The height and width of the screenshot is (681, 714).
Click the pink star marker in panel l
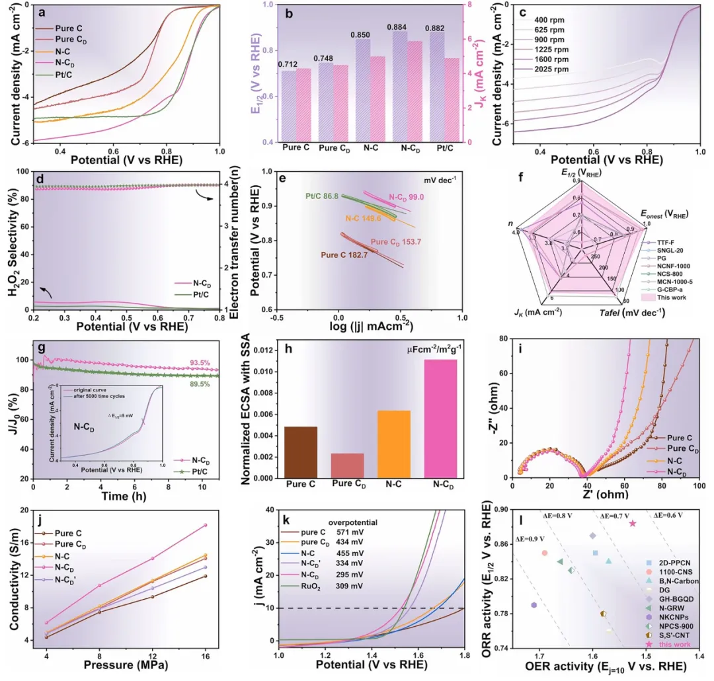[x=633, y=523]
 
